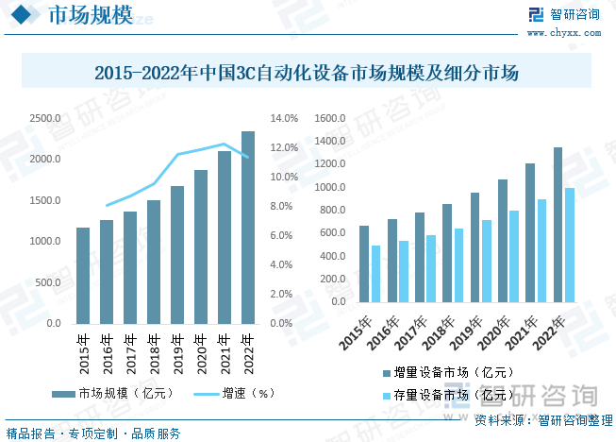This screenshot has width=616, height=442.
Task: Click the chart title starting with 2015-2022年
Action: click(x=308, y=72)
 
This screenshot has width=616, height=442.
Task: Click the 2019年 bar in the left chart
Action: click(x=177, y=255)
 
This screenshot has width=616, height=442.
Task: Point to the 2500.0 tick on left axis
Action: click(x=45, y=119)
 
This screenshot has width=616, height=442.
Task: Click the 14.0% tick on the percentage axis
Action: click(x=284, y=119)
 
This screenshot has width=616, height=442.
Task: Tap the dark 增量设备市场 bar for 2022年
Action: click(x=558, y=225)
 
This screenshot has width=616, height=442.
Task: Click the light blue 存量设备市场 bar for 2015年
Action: click(x=375, y=274)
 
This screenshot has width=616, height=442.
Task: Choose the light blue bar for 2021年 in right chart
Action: click(x=541, y=251)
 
